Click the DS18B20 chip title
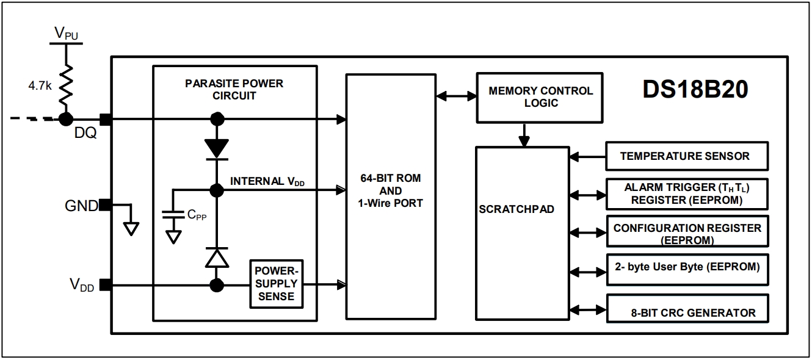tap(695, 89)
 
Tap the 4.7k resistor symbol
tap(66, 85)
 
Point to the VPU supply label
tap(67, 34)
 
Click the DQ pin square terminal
tap(106, 120)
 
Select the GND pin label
tap(81, 206)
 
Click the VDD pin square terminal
tap(106, 285)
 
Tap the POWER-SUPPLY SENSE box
tap(276, 284)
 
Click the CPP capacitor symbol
tap(173, 214)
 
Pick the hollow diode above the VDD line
tap(217, 257)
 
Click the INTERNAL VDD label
tap(267, 181)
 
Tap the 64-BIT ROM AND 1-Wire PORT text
tap(390, 190)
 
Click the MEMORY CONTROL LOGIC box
tap(540, 98)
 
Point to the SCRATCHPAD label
tap(517, 209)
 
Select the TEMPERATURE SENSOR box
tap(687, 156)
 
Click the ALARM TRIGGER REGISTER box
tap(687, 194)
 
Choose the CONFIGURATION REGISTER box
tap(687, 231)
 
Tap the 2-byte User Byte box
tap(687, 270)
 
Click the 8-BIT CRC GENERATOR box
tap(687, 309)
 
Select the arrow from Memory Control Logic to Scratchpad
tap(524, 135)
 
